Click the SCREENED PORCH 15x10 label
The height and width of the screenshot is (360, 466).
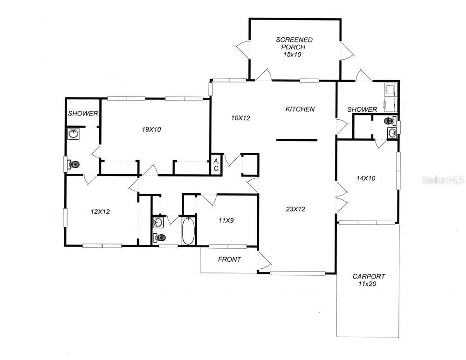click(294, 47)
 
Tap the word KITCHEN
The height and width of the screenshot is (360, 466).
click(300, 109)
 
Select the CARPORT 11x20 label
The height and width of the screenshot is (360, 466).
click(368, 280)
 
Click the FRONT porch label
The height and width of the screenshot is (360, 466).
click(229, 259)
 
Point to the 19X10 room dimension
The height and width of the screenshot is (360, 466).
click(151, 129)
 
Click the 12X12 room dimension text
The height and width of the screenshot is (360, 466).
click(100, 211)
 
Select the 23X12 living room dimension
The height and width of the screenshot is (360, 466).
click(295, 209)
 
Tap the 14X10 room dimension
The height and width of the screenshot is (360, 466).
click(366, 178)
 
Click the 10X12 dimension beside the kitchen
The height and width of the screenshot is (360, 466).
click(240, 118)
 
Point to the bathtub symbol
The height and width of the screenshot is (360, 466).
click(188, 231)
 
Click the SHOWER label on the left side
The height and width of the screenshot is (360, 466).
click(83, 114)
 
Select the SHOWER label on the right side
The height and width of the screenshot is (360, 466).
click(362, 109)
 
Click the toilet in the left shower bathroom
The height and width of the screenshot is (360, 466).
click(73, 164)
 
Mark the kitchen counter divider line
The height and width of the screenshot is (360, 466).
click(296, 140)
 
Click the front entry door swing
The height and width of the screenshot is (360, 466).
click(263, 261)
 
